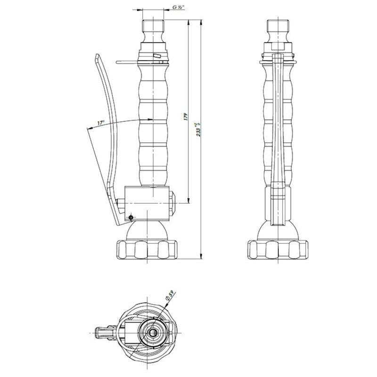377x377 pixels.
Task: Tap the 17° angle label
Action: point(100,123)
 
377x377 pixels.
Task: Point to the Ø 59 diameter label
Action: point(170,297)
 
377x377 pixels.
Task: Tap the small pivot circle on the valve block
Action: point(131,217)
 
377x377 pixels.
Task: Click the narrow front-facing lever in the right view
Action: point(278,141)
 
